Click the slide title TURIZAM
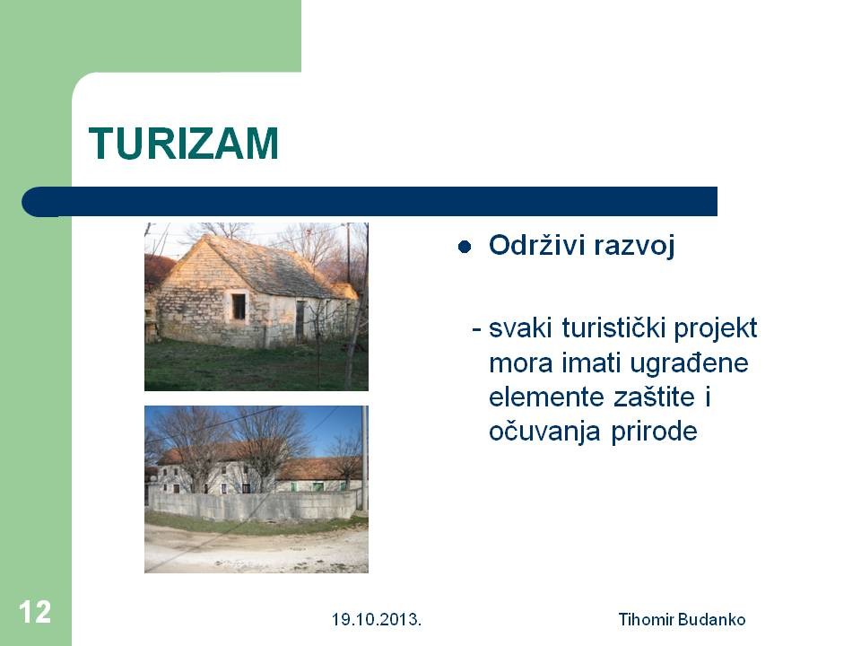click(x=183, y=144)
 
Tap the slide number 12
click(x=35, y=611)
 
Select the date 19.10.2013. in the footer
click(x=376, y=620)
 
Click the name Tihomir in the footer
click(x=647, y=620)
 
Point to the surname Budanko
click(x=711, y=620)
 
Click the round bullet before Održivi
click(x=465, y=248)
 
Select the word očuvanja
click(x=544, y=432)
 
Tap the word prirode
click(x=654, y=432)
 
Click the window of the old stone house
click(x=239, y=307)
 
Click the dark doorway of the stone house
click(x=300, y=320)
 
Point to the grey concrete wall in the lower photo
click(x=254, y=505)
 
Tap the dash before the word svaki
click(x=476, y=329)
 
